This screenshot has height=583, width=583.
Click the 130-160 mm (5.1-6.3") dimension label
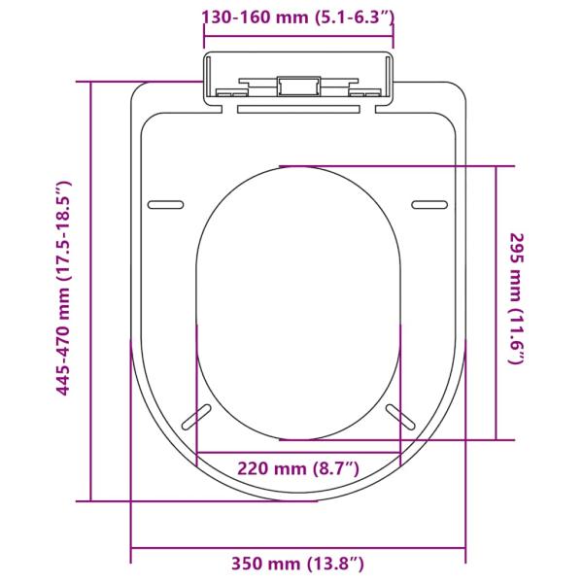click(x=297, y=17)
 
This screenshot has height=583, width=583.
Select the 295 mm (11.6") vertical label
click(x=517, y=298)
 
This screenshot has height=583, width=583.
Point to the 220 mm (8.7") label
click(x=298, y=468)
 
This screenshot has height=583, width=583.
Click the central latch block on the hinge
click(x=297, y=86)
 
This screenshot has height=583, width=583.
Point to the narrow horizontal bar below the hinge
click(x=297, y=110)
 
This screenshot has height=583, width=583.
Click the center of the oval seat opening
click(x=297, y=303)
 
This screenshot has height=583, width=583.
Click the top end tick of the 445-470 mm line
click(x=90, y=82)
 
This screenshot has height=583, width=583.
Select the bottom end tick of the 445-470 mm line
click(x=90, y=500)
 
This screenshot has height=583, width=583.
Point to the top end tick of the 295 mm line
click(x=497, y=166)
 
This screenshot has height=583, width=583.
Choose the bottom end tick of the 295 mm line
click(x=497, y=440)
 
